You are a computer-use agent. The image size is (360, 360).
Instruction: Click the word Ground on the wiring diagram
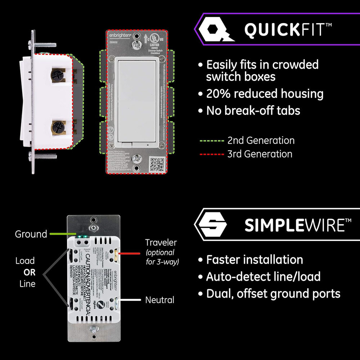click(x=31, y=234)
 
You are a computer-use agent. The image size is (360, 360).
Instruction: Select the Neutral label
click(x=159, y=300)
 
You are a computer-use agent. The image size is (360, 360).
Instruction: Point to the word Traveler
click(x=161, y=242)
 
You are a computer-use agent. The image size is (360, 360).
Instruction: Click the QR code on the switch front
click(x=157, y=164)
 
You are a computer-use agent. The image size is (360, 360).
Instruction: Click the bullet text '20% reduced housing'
click(x=265, y=94)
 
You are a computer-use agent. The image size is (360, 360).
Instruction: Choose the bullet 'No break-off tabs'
click(x=253, y=111)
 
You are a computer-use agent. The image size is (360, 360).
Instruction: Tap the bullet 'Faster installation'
click(x=254, y=260)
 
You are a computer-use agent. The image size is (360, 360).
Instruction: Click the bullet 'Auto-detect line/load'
click(x=263, y=276)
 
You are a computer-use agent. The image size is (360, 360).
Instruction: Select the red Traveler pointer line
click(x=130, y=254)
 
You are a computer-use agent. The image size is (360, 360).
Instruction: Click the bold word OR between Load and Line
click(x=29, y=272)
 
